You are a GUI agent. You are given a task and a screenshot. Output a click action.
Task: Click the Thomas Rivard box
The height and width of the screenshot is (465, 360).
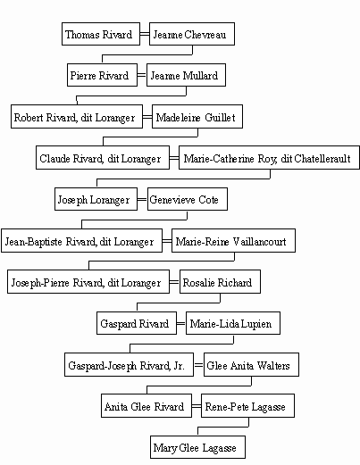click(101, 34)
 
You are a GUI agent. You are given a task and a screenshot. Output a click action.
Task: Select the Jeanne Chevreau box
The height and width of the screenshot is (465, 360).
click(192, 34)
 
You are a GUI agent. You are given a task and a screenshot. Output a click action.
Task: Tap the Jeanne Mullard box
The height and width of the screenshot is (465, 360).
click(186, 75)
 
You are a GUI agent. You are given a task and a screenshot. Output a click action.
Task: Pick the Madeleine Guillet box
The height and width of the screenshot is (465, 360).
click(197, 116)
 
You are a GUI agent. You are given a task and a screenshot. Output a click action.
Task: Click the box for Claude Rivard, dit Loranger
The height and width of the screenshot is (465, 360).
click(103, 158)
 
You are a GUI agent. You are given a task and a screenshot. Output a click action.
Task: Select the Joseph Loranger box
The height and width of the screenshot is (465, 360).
click(96, 199)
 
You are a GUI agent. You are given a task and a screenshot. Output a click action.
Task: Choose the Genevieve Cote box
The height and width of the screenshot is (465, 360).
click(188, 199)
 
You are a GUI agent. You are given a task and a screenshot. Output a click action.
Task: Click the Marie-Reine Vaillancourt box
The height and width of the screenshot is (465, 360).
click(233, 241)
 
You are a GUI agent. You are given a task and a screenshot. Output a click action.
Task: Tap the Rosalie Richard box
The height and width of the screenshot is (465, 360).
click(220, 282)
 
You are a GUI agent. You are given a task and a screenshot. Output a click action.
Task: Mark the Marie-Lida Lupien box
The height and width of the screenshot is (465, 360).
click(233, 323)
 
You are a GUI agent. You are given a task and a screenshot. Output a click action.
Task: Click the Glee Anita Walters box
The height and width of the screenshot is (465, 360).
click(251, 365)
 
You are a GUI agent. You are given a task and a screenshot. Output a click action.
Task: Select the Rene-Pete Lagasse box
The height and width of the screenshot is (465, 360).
click(247, 406)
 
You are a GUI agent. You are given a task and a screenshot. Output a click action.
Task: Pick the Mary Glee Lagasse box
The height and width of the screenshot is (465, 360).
click(197, 447)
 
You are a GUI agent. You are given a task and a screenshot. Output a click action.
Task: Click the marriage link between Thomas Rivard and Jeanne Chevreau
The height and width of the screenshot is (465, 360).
click(145, 34)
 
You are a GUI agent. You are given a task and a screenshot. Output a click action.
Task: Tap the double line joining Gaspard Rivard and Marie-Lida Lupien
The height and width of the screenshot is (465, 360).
click(181, 323)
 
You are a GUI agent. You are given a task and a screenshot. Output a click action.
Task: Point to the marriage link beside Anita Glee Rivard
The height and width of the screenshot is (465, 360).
click(197, 406)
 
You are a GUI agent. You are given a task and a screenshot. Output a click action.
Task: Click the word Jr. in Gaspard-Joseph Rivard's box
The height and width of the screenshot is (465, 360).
click(179, 365)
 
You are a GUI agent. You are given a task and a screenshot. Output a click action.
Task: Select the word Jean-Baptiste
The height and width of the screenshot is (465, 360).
click(34, 242)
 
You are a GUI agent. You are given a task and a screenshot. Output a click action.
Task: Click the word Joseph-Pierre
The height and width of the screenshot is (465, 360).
click(40, 283)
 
